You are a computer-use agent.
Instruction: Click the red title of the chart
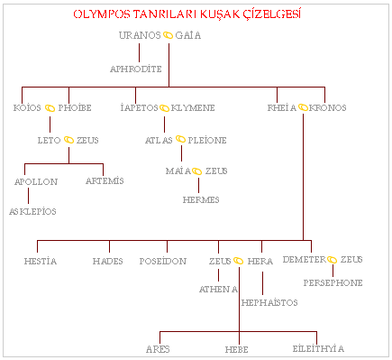[187, 15]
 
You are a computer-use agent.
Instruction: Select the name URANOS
[140, 35]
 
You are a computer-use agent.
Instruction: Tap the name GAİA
[189, 35]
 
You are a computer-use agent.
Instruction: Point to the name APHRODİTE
[135, 69]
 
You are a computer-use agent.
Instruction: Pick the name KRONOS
[328, 107]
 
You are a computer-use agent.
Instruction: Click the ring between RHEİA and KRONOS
[304, 107]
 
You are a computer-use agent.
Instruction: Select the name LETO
[49, 141]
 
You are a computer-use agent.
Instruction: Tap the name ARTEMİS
[104, 181]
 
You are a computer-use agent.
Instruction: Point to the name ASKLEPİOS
[32, 211]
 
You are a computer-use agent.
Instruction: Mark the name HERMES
[201, 198]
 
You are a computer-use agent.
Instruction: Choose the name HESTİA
[41, 261]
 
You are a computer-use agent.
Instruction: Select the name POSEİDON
[163, 261]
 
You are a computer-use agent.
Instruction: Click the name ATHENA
[219, 289]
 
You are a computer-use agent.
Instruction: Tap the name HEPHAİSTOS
[269, 302]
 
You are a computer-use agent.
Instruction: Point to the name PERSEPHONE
[333, 282]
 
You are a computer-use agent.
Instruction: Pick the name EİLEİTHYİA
[318, 348]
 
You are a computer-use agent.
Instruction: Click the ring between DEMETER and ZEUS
[332, 261]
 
